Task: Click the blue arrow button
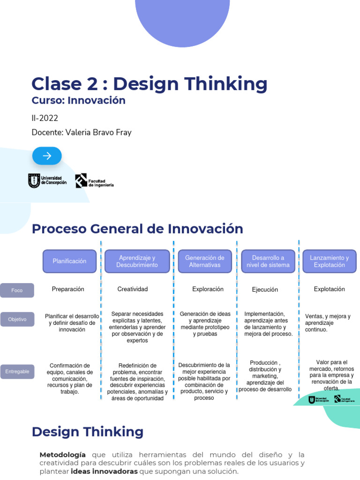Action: tap(47, 156)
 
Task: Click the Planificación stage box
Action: tap(69, 261)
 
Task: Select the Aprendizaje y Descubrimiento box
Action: tap(137, 261)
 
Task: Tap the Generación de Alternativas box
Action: tap(205, 261)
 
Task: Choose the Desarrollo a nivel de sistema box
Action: tap(268, 261)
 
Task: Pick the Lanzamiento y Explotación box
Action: tap(329, 261)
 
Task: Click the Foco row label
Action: tap(17, 291)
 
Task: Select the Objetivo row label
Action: tap(17, 319)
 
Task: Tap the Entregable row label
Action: tap(17, 372)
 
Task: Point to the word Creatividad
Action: tap(133, 289)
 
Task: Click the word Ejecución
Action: tap(265, 290)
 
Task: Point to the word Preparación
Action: tap(68, 289)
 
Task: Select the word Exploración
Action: tap(208, 289)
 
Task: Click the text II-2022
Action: tap(45, 118)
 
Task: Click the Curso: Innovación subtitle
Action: tap(78, 100)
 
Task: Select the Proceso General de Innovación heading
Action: tap(137, 229)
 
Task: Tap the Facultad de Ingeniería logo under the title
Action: tap(95, 181)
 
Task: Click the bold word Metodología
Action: tap(63, 455)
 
